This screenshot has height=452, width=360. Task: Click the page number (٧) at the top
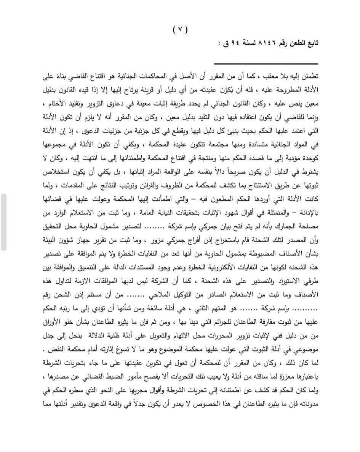(x=180, y=30)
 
